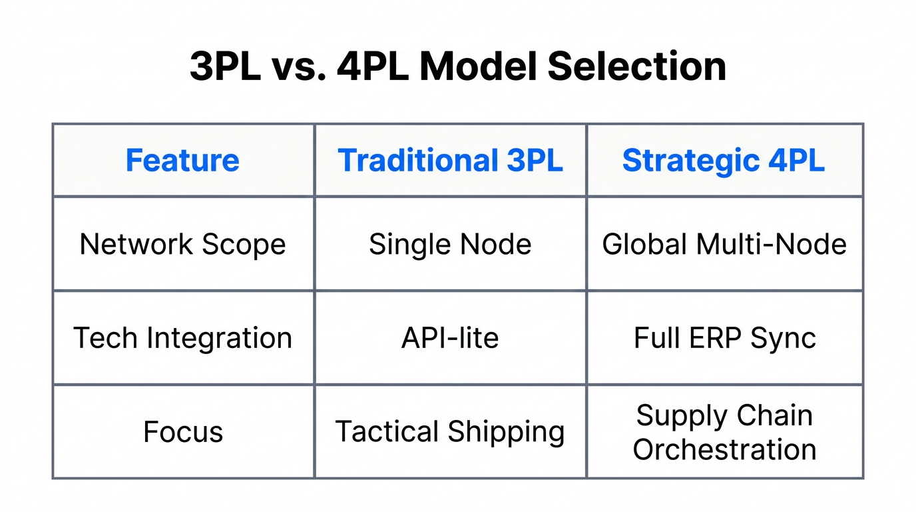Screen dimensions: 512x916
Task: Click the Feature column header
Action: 182,161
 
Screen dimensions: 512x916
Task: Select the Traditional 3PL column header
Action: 450,161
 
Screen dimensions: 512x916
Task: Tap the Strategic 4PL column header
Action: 724,161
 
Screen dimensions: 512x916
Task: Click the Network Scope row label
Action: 182,244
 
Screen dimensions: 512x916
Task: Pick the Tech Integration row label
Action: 182,338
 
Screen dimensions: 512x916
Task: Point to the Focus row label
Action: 182,432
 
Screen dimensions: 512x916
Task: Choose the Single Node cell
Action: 450,244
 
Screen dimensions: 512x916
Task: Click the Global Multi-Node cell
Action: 724,244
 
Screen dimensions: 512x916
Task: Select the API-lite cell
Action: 450,338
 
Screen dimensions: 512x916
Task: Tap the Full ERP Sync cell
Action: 724,338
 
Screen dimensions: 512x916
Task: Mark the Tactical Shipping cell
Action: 450,432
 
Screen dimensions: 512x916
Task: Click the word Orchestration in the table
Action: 724,449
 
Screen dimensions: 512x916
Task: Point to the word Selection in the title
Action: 637,66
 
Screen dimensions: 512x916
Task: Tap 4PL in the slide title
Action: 372,66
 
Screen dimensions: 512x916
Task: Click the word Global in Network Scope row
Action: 645,244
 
